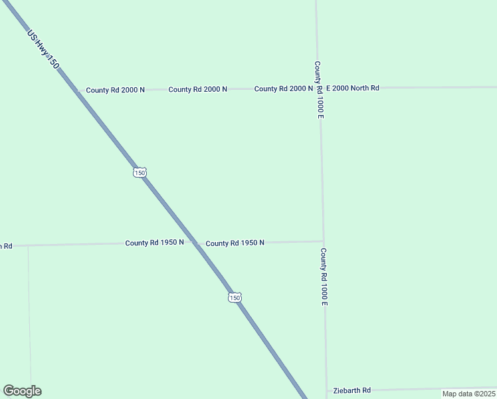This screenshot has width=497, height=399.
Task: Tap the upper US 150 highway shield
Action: [x=139, y=172]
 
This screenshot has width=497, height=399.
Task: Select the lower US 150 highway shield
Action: [x=235, y=297]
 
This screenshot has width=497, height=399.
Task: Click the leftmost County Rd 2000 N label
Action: [x=115, y=90]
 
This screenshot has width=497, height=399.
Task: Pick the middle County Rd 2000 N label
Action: [x=197, y=89]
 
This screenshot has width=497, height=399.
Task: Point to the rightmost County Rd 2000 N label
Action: [x=283, y=88]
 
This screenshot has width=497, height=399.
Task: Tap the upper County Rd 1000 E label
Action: [x=319, y=90]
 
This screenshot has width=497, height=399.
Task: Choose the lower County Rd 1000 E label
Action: [x=324, y=277]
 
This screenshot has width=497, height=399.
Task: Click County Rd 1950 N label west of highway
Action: [x=154, y=243]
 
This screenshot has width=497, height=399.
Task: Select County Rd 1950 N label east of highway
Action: [x=235, y=243]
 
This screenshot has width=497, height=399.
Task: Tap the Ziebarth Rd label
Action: [x=351, y=390]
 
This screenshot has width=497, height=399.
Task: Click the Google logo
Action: [x=22, y=391]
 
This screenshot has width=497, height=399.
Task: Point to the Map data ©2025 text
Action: [x=468, y=394]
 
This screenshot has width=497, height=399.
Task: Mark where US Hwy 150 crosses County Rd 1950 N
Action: [x=195, y=243]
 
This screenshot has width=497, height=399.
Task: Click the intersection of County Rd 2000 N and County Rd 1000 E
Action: [x=319, y=88]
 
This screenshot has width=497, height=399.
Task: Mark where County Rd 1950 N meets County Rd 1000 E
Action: [x=323, y=241]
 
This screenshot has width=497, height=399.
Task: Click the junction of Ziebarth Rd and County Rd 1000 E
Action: [x=326, y=390]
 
